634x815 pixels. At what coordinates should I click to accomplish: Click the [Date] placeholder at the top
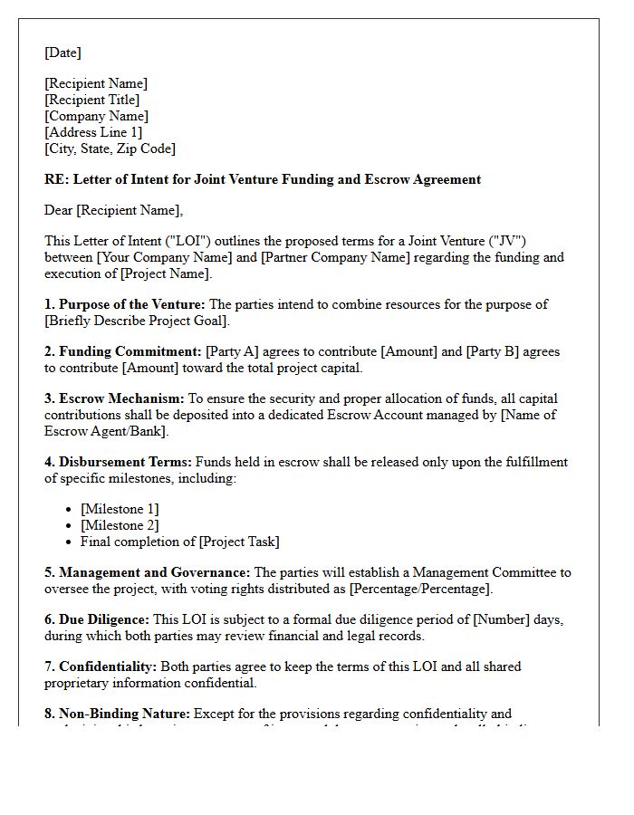(x=62, y=53)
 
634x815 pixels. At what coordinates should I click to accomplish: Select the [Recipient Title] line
(x=91, y=100)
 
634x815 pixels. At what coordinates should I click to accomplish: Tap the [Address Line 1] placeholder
(x=93, y=132)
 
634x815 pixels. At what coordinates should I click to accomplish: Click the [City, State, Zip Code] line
(x=110, y=149)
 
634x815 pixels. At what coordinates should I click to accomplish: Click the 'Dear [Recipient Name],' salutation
(x=113, y=210)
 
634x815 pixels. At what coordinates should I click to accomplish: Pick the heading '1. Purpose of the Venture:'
(x=125, y=304)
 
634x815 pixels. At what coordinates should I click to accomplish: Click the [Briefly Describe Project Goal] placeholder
(x=137, y=321)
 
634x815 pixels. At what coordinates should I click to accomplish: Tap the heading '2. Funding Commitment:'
(x=123, y=351)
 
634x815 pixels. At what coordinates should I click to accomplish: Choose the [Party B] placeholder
(x=495, y=351)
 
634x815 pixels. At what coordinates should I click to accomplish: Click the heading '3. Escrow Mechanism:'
(x=114, y=398)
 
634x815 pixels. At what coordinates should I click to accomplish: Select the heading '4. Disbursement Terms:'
(x=118, y=462)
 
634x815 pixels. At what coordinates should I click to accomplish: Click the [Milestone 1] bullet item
(x=120, y=509)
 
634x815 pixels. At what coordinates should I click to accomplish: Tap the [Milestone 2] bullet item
(x=120, y=525)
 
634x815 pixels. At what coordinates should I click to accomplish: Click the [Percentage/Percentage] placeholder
(x=420, y=589)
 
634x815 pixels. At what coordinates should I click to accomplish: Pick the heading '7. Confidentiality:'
(x=101, y=666)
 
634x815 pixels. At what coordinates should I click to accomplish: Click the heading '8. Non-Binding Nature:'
(x=117, y=714)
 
